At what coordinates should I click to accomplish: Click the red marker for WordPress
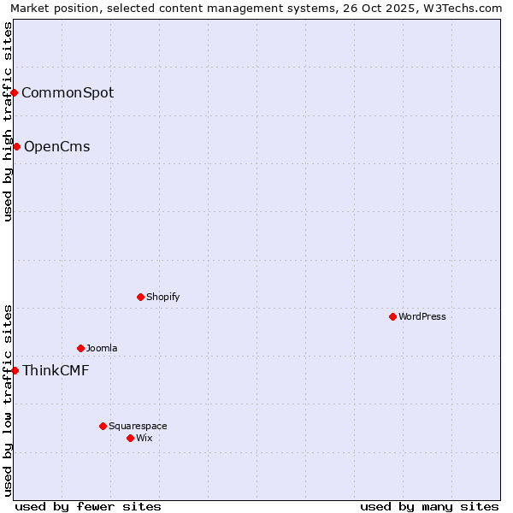point(392,316)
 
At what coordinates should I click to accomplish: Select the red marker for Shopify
point(141,297)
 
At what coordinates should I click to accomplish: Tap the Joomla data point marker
point(81,348)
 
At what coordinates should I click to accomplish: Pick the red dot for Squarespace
point(103,426)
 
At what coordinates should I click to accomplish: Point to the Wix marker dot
point(131,438)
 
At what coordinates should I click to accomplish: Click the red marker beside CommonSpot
point(15,92)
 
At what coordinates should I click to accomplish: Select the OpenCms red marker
point(16,146)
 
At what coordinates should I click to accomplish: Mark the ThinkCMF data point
point(15,370)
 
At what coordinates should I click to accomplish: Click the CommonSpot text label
point(68,92)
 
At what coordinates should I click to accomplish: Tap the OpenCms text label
point(56,146)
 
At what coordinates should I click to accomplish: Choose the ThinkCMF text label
point(56,370)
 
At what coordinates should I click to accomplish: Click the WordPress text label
point(422,316)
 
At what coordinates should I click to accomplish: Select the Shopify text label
point(163,297)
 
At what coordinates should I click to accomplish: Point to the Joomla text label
point(102,348)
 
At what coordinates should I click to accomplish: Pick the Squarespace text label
point(138,426)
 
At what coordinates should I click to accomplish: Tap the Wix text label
point(144,438)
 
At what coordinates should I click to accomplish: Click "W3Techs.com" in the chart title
point(465,8)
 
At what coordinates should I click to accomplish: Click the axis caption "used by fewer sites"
point(88,506)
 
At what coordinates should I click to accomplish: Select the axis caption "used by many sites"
point(429,506)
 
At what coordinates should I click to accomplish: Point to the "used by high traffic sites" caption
point(8,121)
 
